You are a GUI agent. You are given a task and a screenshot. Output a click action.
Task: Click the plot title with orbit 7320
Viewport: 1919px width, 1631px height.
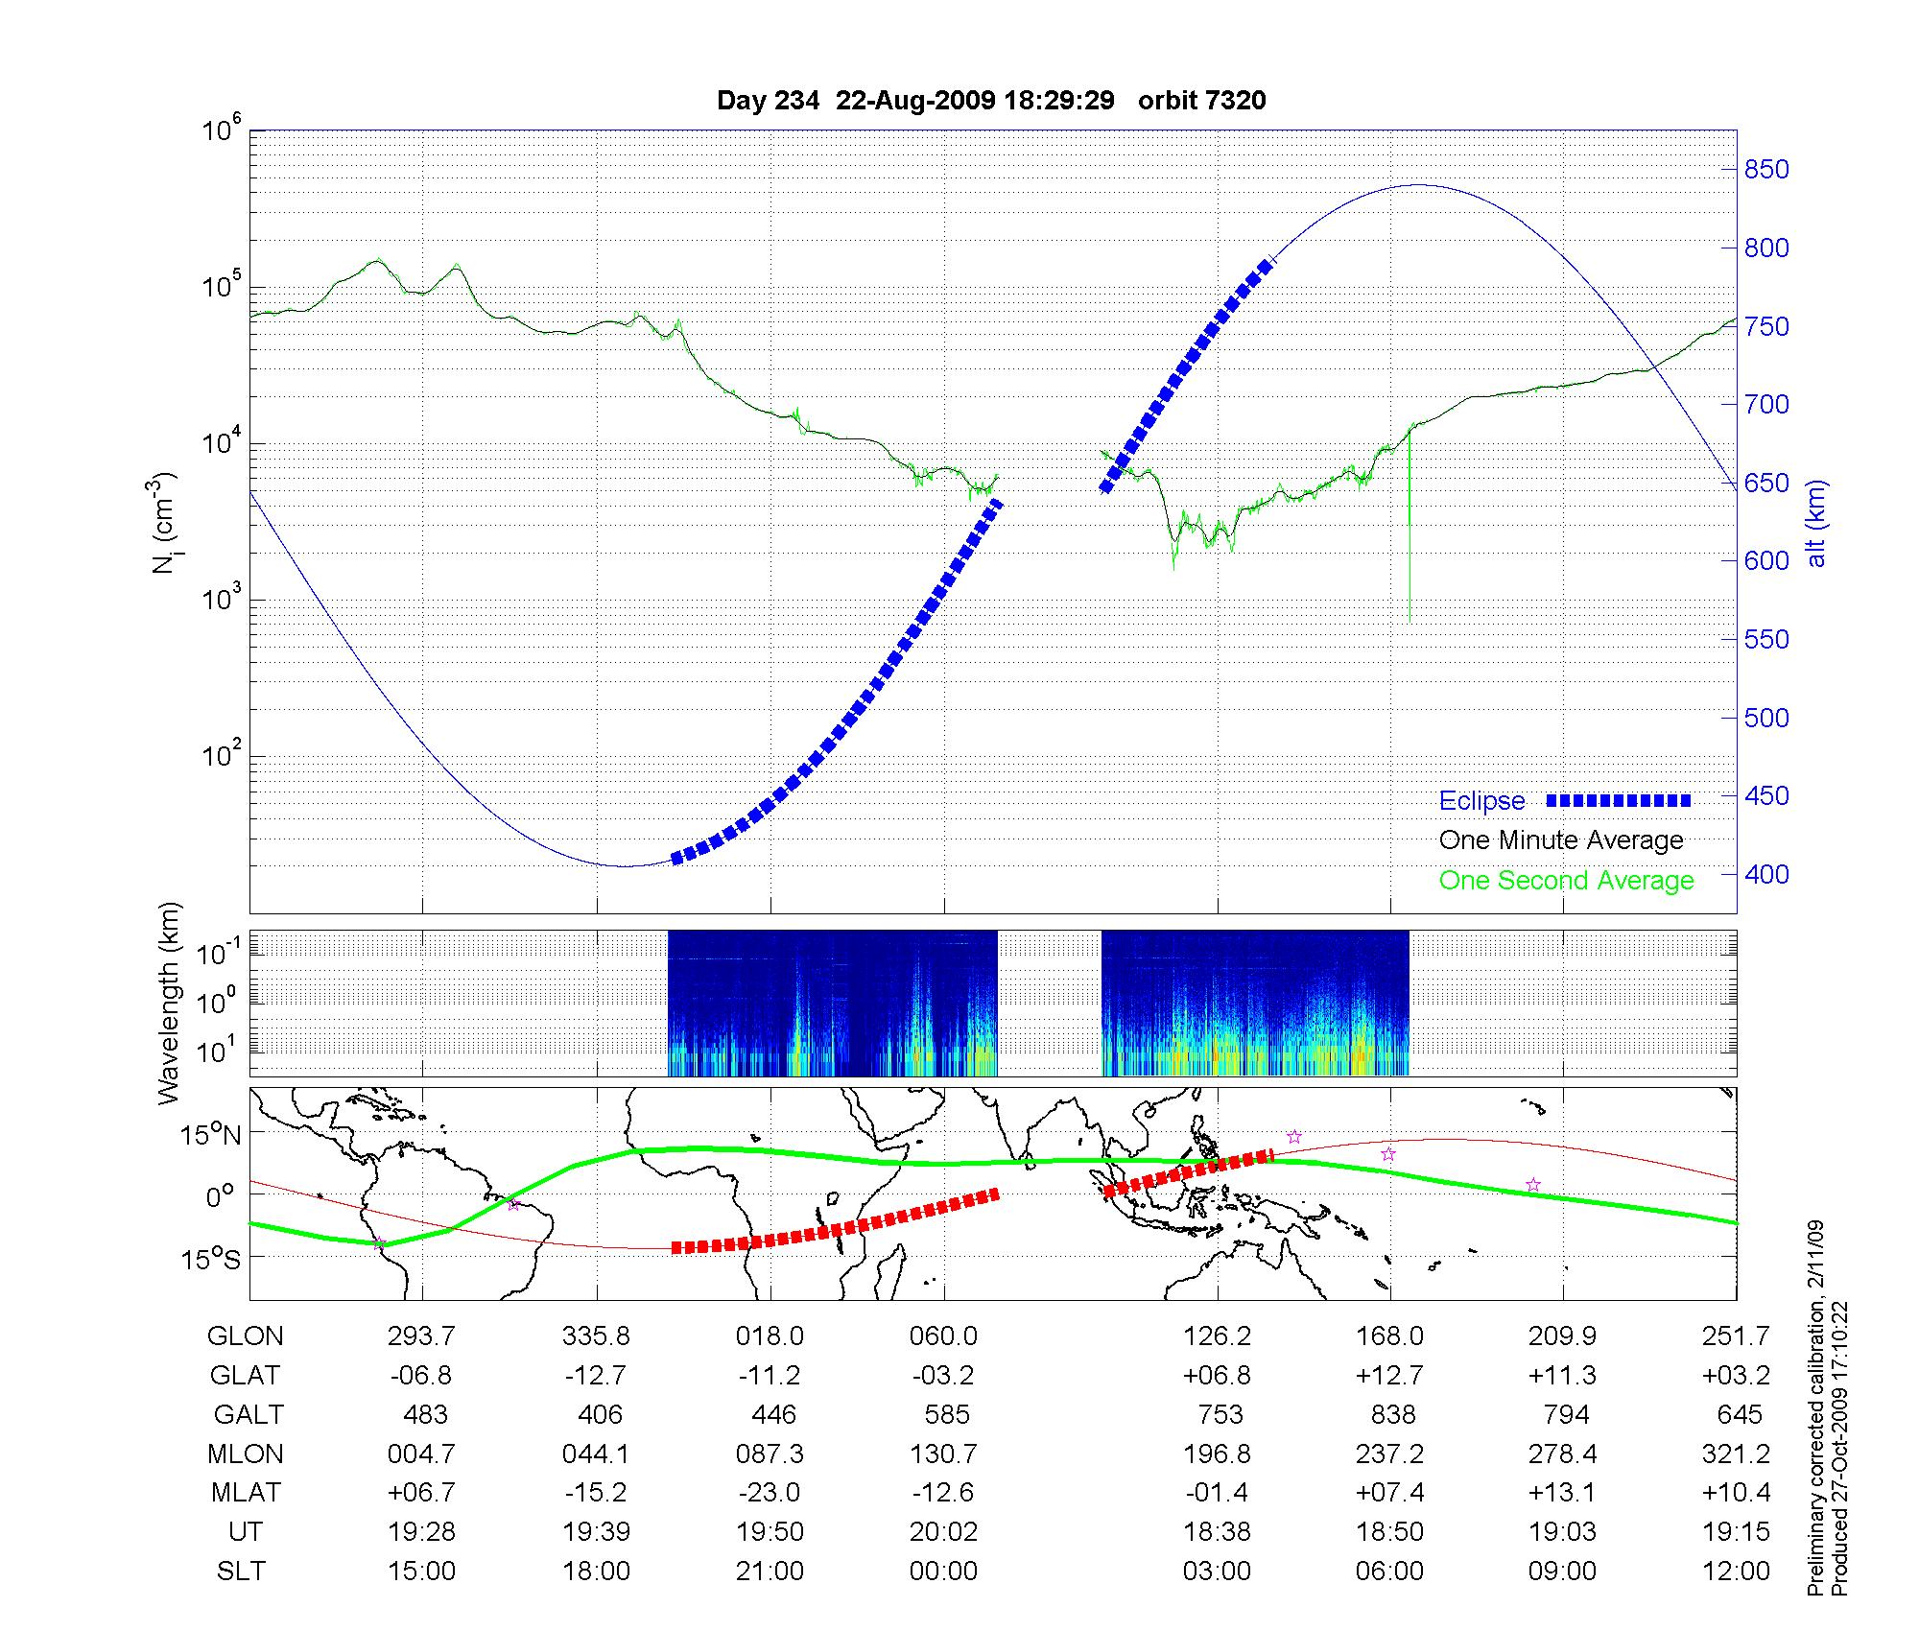point(991,101)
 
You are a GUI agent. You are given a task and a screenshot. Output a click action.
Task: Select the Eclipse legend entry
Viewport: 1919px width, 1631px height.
point(1481,801)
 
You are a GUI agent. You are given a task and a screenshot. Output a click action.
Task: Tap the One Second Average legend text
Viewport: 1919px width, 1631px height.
point(1566,881)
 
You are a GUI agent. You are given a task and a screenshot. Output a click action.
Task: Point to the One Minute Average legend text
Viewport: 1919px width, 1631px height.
point(1561,840)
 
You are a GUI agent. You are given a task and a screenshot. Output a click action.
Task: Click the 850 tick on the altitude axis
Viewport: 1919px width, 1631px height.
point(1766,170)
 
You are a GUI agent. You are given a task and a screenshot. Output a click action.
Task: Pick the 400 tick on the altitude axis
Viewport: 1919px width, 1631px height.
point(1766,874)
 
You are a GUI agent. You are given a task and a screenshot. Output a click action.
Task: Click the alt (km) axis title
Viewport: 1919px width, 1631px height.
point(1816,523)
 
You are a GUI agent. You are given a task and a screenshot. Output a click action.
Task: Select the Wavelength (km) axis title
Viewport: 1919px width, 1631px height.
point(169,1003)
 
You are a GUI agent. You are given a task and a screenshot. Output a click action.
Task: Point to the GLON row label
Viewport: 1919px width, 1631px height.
point(246,1336)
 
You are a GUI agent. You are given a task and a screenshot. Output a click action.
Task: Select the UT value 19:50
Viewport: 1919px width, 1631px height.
point(770,1531)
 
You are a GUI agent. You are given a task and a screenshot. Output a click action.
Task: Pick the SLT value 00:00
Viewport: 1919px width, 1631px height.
point(944,1571)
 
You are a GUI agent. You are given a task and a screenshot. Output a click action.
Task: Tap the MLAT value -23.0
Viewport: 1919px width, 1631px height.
point(770,1493)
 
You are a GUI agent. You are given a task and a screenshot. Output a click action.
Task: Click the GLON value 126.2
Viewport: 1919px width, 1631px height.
point(1218,1336)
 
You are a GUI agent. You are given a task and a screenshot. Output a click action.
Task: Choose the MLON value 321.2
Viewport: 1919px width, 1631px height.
point(1736,1454)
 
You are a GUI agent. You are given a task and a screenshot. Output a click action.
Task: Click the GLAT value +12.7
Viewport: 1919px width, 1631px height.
point(1389,1376)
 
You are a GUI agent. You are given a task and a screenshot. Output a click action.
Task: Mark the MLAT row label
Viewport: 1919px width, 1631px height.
point(247,1493)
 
